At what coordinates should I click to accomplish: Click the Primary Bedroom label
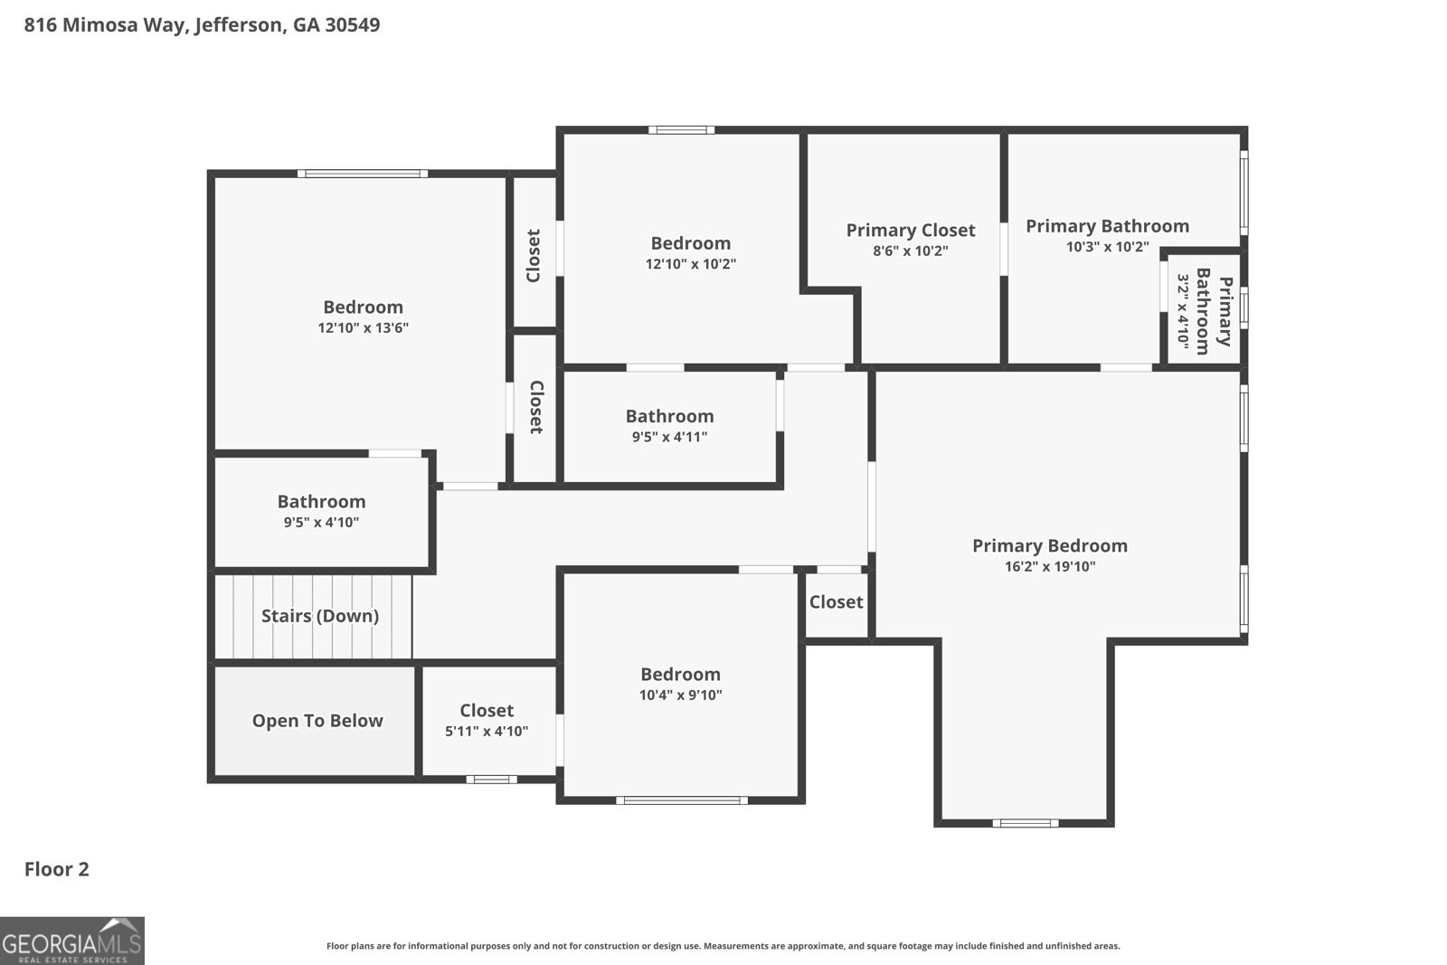point(1050,545)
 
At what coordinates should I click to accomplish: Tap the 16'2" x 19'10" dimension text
point(1050,566)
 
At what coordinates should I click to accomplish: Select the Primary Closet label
point(910,231)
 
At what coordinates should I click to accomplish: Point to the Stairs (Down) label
point(320,616)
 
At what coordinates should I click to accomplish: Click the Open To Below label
point(317,720)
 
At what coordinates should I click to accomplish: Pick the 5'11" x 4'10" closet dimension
point(487,731)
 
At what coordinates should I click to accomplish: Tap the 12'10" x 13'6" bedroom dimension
point(363,327)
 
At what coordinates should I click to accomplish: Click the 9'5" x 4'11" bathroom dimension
point(669,437)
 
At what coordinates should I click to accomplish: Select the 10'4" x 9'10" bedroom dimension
point(680,695)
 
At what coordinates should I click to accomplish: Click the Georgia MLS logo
point(71,941)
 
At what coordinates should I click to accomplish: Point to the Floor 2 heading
point(57,869)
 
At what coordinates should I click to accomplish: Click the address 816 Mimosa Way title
point(203,25)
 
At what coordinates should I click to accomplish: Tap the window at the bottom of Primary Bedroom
point(1026,823)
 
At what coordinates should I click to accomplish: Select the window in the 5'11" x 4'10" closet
point(492,780)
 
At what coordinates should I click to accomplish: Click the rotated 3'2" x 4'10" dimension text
point(1183,311)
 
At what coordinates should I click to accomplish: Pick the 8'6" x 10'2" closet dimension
point(910,251)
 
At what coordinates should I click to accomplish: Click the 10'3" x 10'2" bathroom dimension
point(1107,247)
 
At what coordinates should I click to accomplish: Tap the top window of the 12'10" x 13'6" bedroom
point(363,173)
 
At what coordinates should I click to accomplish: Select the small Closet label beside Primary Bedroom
point(836,602)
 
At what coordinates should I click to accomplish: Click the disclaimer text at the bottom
point(723,946)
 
